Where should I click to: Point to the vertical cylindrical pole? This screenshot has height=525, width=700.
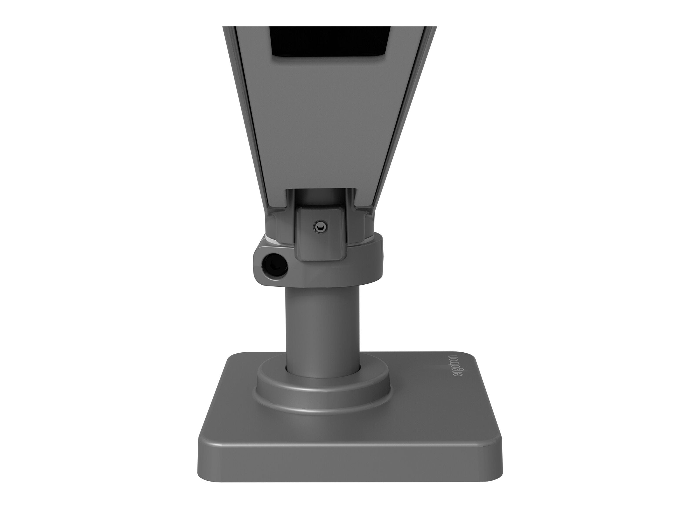coord(323,320)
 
